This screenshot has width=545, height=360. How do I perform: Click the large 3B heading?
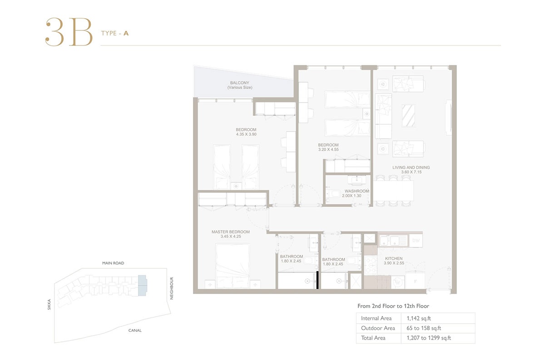(69, 32)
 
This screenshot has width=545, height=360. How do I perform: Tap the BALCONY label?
(240, 83)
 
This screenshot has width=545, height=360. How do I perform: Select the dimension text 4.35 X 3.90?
(246, 134)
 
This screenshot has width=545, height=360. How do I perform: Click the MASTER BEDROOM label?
(230, 232)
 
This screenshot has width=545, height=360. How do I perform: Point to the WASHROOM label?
(357, 191)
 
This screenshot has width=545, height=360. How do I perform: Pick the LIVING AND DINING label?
(411, 168)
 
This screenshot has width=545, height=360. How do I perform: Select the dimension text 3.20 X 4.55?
(328, 149)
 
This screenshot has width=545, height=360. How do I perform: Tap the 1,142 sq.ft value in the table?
(415, 318)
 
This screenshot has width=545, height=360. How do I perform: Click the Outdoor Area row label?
(377, 328)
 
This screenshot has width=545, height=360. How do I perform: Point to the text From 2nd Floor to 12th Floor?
(393, 306)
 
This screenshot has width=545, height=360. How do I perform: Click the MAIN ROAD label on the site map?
(113, 263)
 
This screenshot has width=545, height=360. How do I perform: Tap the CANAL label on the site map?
(134, 330)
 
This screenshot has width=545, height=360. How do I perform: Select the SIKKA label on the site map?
(49, 304)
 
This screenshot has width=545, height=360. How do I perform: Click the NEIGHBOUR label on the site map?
(172, 288)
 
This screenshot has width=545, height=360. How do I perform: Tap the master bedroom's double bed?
(233, 266)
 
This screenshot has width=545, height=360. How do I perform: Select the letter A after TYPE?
(126, 33)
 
